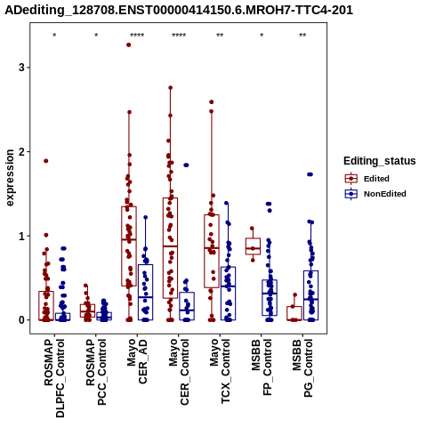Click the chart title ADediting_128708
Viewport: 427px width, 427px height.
179,11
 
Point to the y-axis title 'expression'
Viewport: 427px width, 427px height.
10,178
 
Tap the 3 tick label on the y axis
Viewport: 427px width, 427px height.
21,68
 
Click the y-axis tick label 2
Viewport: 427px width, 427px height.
21,152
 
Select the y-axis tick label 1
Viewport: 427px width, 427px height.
21,236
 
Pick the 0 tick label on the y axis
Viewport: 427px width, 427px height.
21,320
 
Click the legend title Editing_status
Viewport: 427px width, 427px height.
380,161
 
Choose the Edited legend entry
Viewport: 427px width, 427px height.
367,179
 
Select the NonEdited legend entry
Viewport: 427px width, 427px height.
375,194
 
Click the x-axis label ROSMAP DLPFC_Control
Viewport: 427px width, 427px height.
54,378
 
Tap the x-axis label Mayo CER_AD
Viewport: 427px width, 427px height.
137,361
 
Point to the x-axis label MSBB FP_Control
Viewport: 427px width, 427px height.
262,367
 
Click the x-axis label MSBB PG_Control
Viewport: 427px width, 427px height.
302,368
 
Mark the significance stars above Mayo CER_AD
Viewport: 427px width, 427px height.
137,36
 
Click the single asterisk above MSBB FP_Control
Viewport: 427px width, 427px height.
262,36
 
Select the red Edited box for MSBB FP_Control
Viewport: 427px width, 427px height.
253,246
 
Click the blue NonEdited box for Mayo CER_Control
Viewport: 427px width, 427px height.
187,306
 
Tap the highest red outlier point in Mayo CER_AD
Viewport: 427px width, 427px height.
129,45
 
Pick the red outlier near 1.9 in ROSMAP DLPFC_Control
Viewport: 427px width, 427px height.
46,161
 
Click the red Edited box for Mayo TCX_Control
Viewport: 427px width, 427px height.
212,251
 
